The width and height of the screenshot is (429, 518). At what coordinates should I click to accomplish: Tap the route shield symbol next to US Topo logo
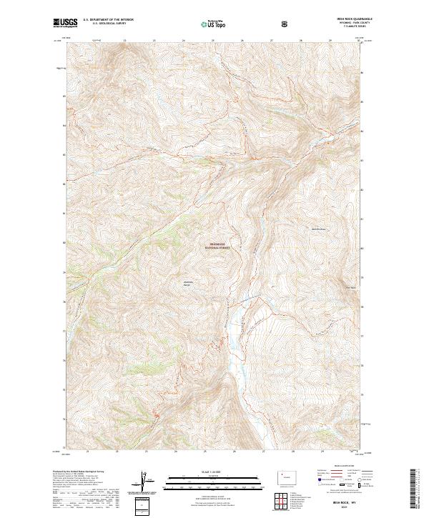click(287, 24)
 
